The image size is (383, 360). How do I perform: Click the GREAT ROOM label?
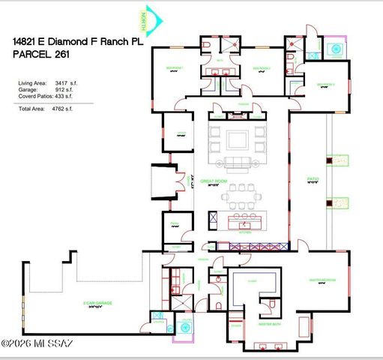(240, 182)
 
